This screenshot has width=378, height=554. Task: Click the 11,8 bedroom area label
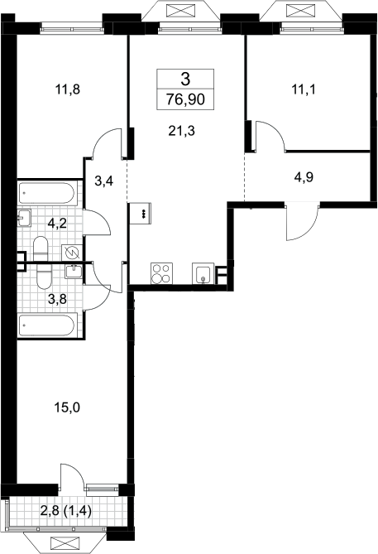pos(68,89)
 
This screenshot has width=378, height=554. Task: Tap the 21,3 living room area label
pos(182,131)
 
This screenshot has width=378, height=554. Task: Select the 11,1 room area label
pos(304,89)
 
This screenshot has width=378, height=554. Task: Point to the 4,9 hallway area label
pos(304,177)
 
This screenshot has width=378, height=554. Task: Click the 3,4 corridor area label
pos(103,181)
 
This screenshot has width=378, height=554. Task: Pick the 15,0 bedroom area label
pos(67,408)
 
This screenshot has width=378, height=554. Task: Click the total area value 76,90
pos(185,100)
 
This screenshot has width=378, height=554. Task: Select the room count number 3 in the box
pos(185,79)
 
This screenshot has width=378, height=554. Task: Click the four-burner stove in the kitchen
pos(161,273)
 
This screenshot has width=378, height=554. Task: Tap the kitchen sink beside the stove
pos(203,273)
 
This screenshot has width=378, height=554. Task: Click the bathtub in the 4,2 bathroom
pos(46,193)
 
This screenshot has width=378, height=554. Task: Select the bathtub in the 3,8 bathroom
pos(46,325)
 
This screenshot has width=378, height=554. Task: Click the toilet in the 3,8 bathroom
pos(44,276)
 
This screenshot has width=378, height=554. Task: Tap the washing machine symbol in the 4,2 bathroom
pos(72,253)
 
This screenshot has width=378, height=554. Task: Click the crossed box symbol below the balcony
pos(64,542)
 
